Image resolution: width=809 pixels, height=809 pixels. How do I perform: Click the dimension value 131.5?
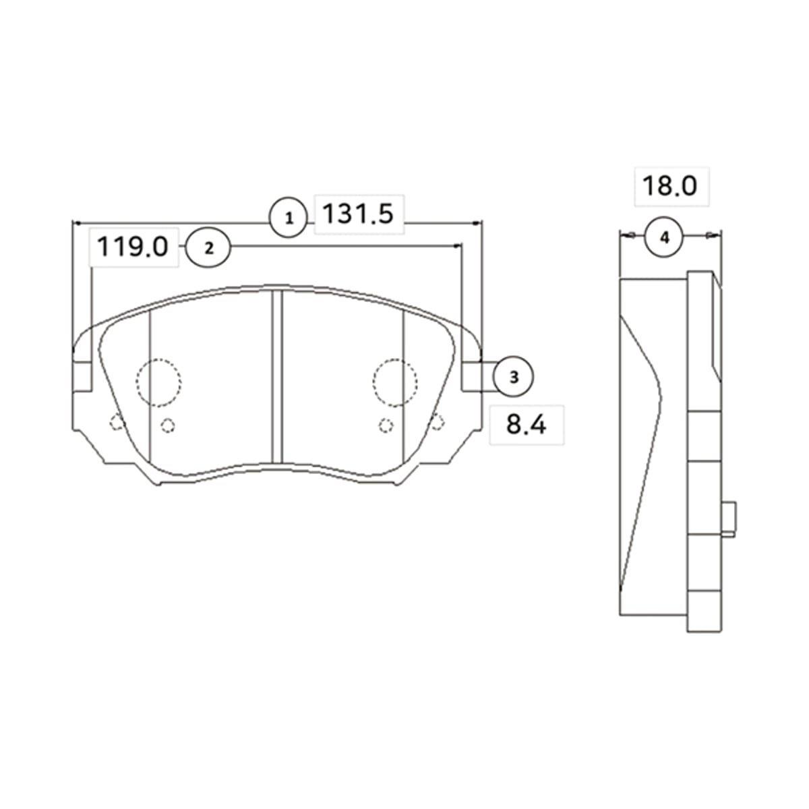tap(358, 214)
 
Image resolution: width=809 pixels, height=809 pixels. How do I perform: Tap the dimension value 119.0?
tap(133, 247)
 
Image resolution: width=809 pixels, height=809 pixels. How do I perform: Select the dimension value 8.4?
tap(526, 425)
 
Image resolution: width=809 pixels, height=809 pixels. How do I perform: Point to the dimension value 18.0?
tap(669, 186)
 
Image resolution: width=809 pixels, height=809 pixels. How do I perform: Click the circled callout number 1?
tap(289, 218)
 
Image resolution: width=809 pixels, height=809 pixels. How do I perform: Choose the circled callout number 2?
tap(208, 248)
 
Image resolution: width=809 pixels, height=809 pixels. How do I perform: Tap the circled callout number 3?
tap(514, 377)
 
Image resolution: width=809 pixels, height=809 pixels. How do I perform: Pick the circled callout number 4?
tap(664, 237)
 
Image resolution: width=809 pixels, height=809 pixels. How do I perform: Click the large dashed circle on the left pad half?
tap(158, 359)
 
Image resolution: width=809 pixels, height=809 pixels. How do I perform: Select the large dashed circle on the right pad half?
tap(395, 359)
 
